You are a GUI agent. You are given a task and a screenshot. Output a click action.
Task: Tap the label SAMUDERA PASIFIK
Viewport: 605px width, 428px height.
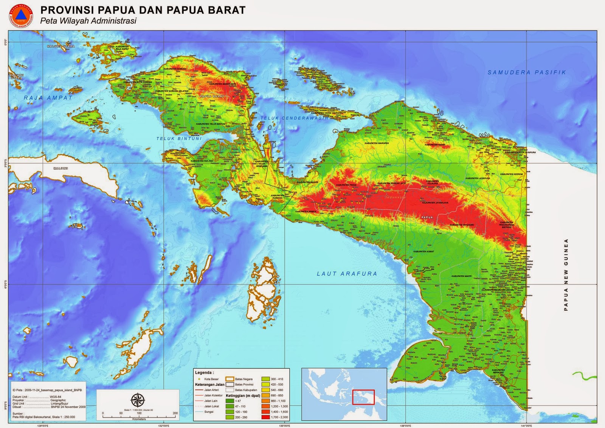pyautogui.click(x=526, y=72)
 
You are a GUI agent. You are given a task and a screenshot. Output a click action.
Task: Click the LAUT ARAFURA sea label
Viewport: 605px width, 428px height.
pyautogui.click(x=347, y=274)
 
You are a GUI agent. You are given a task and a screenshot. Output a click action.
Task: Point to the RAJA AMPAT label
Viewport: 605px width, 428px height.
pyautogui.click(x=48, y=98)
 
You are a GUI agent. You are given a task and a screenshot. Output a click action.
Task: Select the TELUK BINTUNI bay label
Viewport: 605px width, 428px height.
pyautogui.click(x=179, y=139)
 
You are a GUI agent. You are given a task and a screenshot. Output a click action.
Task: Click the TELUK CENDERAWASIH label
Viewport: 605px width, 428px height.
pyautogui.click(x=294, y=118)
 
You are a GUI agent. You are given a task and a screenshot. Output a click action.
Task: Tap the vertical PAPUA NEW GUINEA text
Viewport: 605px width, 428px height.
pyautogui.click(x=566, y=275)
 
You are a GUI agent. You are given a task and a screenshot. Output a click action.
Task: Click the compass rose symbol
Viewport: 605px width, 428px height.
pyautogui.click(x=138, y=400)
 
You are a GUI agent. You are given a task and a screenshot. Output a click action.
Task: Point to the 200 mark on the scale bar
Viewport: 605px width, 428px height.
pyautogui.click(x=175, y=413)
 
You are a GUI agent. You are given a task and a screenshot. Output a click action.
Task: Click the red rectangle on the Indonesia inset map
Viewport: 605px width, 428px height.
pyautogui.click(x=363, y=397)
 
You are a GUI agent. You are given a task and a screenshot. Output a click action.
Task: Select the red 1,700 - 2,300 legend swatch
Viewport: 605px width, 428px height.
pyautogui.click(x=265, y=417)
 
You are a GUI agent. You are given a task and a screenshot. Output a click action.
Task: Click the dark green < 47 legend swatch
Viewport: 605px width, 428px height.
pyautogui.click(x=230, y=401)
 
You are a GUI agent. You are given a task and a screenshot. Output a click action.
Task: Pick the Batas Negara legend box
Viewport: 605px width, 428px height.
pyautogui.click(x=230, y=379)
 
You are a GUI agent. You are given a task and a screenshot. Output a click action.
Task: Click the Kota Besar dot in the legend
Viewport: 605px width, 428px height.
pyautogui.click(x=198, y=379)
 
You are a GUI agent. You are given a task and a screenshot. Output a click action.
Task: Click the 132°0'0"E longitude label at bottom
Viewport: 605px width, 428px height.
pyautogui.click(x=163, y=425)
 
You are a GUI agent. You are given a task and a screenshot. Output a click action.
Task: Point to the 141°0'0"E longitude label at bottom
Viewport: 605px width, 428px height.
pyautogui.click(x=526, y=425)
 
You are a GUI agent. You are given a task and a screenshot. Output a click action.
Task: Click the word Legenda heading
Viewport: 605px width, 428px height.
pyautogui.click(x=204, y=373)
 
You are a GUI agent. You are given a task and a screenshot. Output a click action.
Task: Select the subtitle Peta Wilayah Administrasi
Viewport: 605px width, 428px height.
pyautogui.click(x=88, y=21)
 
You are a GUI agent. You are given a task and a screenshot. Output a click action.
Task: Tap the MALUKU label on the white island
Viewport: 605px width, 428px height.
pyautogui.click(x=60, y=168)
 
